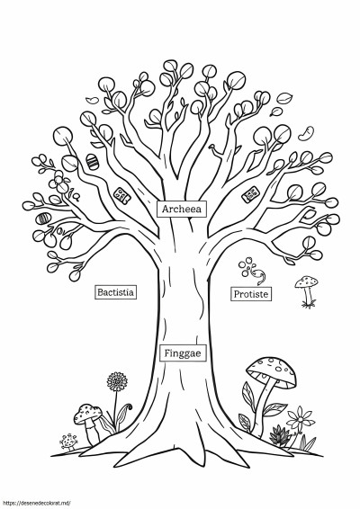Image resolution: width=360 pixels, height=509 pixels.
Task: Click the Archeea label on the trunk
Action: tap(182, 209)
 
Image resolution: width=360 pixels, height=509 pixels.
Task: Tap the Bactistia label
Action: tap(115, 292)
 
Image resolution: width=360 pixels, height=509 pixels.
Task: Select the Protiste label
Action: tap(251, 294)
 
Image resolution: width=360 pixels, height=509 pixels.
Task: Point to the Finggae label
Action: tap(183, 353)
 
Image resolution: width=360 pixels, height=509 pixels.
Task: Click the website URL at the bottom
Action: tap(35, 504)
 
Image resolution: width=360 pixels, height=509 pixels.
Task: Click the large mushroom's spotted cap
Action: tap(272, 371)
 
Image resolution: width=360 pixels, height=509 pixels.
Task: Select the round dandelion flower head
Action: tap(117, 381)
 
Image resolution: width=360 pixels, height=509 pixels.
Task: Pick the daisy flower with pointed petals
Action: tap(301, 419)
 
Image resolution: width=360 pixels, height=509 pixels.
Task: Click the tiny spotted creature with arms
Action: tap(68, 442)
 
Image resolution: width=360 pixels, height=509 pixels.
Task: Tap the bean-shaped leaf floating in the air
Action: tap(306, 133)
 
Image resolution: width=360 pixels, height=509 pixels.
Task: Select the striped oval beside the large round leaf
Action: tap(93, 161)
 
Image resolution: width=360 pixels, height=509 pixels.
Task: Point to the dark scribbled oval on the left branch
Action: tap(43, 219)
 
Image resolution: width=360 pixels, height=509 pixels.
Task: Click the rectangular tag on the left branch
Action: tap(121, 196)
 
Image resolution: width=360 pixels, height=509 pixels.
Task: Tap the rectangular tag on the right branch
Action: tap(250, 194)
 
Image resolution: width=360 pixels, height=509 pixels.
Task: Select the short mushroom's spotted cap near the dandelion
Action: tap(87, 413)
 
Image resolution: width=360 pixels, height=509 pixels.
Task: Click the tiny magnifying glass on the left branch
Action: tap(77, 197)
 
